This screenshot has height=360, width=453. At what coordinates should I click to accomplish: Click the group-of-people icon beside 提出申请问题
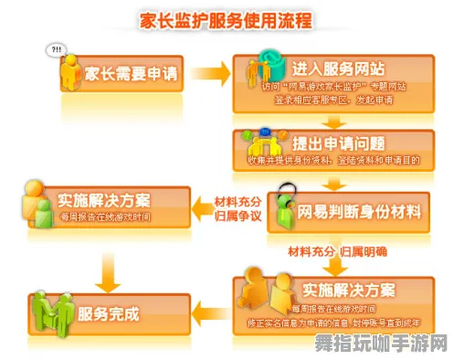tap(264, 144)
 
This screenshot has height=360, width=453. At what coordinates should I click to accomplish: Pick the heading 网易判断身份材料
tap(360, 212)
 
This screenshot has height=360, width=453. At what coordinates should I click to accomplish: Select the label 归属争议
tap(237, 217)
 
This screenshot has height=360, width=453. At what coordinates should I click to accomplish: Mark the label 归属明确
tap(363, 249)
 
